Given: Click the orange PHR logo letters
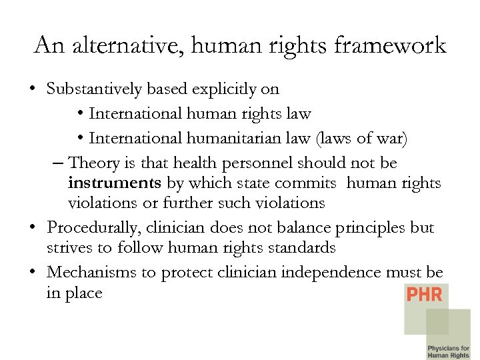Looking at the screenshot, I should [x=424, y=294].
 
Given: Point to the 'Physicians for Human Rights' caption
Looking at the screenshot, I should [x=448, y=351].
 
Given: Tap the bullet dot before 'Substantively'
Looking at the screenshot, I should [x=33, y=89].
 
